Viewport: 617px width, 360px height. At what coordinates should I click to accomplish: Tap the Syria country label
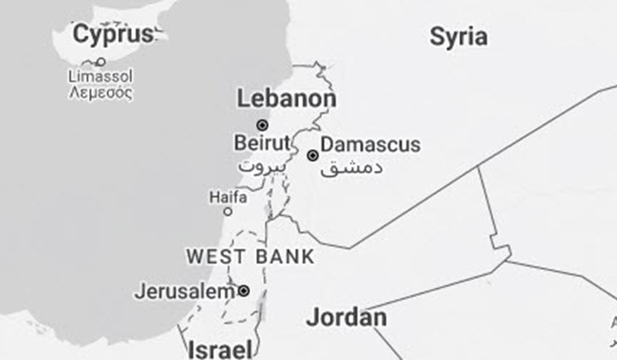tap(458, 36)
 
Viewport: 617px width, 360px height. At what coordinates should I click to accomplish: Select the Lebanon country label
tap(286, 99)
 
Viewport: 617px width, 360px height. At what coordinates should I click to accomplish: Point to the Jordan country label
tap(346, 317)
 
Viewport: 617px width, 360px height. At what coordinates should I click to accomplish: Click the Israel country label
tap(220, 349)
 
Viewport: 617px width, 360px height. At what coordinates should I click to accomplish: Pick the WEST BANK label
tap(250, 256)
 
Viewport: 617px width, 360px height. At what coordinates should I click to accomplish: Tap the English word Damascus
tap(370, 144)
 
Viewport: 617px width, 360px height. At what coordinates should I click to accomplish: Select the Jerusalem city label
tap(183, 291)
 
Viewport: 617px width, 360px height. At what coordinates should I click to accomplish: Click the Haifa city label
tap(228, 196)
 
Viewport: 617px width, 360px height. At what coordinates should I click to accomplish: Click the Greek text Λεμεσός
tap(100, 92)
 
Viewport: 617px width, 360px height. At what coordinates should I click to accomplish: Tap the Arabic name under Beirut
tap(260, 165)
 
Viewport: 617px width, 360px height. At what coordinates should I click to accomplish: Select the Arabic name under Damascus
tap(351, 166)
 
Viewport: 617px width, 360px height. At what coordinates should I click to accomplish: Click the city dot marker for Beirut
tap(262, 124)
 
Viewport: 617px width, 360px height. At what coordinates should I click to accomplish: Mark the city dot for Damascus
tap(313, 155)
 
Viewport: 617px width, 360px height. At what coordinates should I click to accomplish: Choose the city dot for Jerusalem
tap(243, 291)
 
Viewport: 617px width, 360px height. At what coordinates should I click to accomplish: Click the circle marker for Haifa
tap(228, 211)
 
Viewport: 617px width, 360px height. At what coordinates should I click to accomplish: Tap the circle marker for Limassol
tap(100, 62)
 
